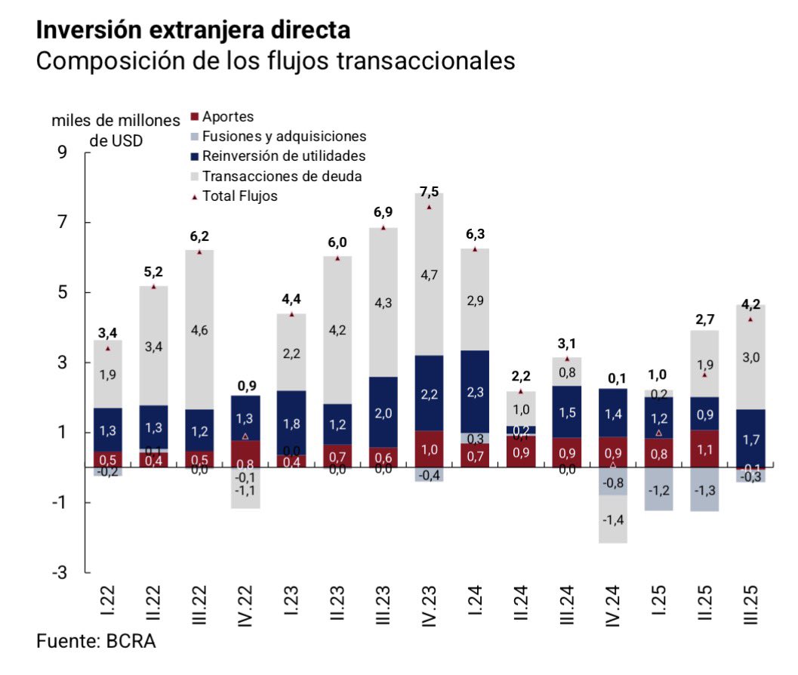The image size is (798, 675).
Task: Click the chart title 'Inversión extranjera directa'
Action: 193,30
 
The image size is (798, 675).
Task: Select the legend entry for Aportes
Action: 227,117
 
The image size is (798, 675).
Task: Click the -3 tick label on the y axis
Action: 58,573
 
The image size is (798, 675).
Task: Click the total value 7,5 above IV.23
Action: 429,190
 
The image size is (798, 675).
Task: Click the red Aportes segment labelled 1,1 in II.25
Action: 704,448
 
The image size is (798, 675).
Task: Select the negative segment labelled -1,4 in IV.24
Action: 613,519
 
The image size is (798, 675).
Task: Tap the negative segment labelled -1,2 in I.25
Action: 659,489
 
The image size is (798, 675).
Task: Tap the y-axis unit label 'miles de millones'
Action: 116,121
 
